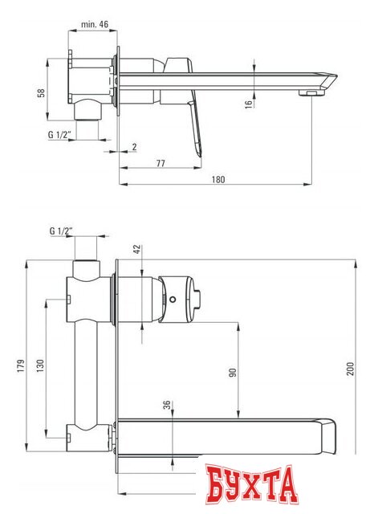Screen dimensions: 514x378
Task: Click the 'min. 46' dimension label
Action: (96, 25)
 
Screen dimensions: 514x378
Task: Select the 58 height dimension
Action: (42, 92)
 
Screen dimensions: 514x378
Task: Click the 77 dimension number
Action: (161, 162)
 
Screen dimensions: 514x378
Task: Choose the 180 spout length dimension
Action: (218, 179)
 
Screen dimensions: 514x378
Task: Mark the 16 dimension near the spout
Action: (249, 102)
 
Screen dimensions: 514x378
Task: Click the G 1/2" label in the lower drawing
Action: (61, 231)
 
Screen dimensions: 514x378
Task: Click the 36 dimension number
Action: (167, 406)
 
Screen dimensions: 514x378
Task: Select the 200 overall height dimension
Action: (349, 369)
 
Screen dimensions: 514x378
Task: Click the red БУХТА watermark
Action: (250, 487)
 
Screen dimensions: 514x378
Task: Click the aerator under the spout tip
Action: (306, 95)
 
